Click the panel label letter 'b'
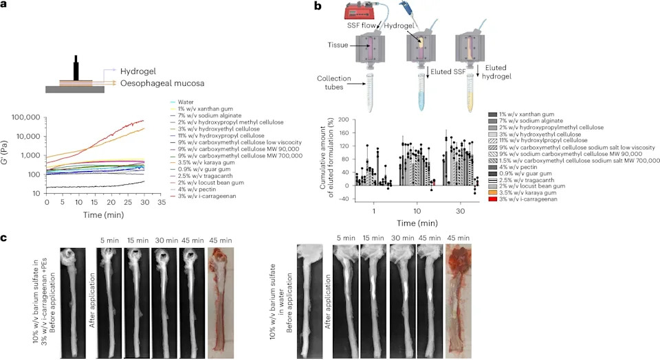pyautogui.click(x=318, y=6)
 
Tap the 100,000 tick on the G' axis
pyautogui.click(x=26, y=117)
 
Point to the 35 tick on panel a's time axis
pyautogui.click(x=162, y=202)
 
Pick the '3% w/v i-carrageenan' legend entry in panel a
pyautogui.click(x=201, y=196)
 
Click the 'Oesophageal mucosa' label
pyautogui.click(x=162, y=83)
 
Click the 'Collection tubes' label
pyautogui.click(x=334, y=83)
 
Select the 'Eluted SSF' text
pyautogui.click(x=448, y=72)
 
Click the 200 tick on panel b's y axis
pyautogui.click(x=344, y=120)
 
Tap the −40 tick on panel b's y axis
pyautogui.click(x=344, y=199)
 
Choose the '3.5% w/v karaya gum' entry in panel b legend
pyautogui.click(x=522, y=192)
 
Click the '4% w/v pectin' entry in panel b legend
pyautogui.click(x=514, y=167)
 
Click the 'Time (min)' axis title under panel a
pyautogui.click(x=104, y=215)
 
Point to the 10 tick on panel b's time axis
pyautogui.click(x=417, y=211)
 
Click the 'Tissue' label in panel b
pyautogui.click(x=338, y=45)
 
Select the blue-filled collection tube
pyautogui.click(x=421, y=92)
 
